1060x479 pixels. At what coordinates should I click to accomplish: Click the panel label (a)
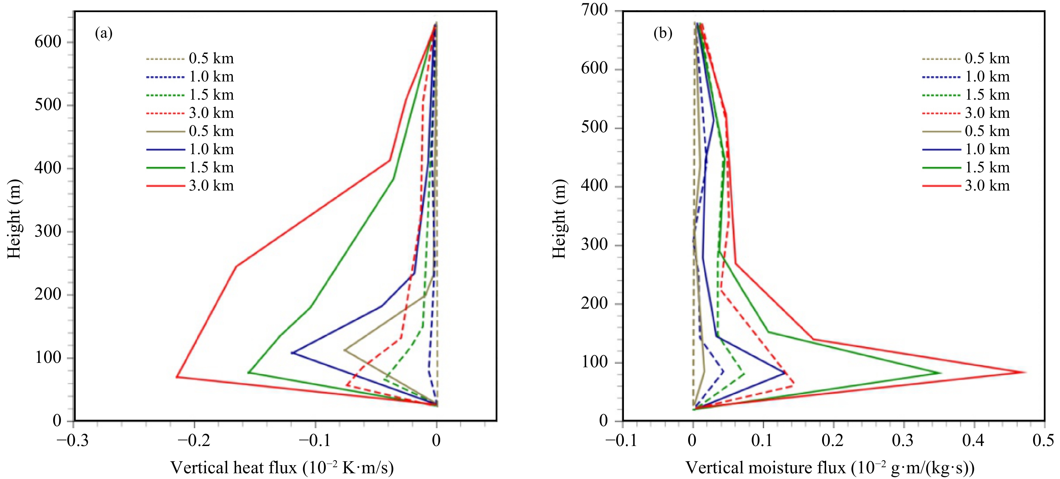click(x=103, y=33)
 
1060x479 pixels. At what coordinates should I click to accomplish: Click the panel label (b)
click(x=663, y=33)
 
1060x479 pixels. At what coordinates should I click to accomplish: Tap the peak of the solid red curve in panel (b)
click(x=1025, y=372)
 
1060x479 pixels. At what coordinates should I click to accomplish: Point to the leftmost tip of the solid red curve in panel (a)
click(x=177, y=377)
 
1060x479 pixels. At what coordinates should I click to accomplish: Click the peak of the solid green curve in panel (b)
click(x=941, y=373)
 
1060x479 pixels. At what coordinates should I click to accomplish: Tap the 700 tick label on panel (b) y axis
click(x=594, y=9)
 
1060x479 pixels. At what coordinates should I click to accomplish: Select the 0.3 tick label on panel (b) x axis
click(x=903, y=441)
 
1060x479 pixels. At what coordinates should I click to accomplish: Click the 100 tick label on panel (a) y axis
click(x=48, y=357)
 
